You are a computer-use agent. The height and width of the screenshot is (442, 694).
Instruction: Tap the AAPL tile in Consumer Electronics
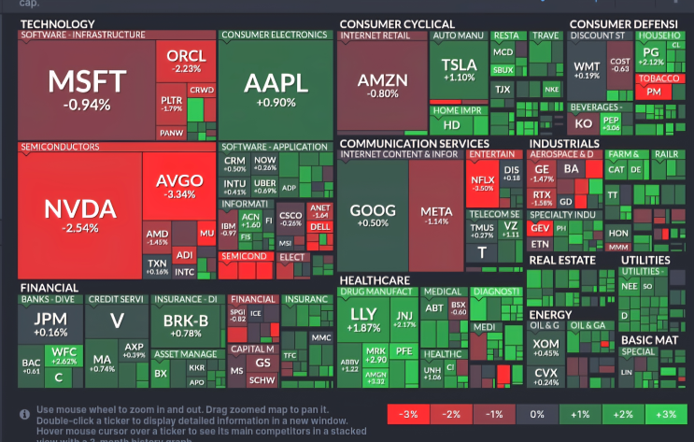[x=276, y=89]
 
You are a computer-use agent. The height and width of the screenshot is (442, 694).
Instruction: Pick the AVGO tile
[x=178, y=187]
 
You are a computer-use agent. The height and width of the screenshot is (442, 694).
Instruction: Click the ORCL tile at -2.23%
[x=186, y=62]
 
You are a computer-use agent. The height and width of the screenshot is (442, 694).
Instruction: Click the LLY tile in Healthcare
[x=362, y=321]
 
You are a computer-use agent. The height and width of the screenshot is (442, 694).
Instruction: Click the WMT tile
[x=587, y=71]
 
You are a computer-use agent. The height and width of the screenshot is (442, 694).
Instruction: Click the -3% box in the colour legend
[x=408, y=414]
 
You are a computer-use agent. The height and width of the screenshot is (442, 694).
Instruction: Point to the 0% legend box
[x=535, y=414]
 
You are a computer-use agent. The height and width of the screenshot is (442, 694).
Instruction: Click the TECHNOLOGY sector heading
[x=58, y=23]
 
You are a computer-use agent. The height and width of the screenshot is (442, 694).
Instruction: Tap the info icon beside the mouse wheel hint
[x=25, y=413]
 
